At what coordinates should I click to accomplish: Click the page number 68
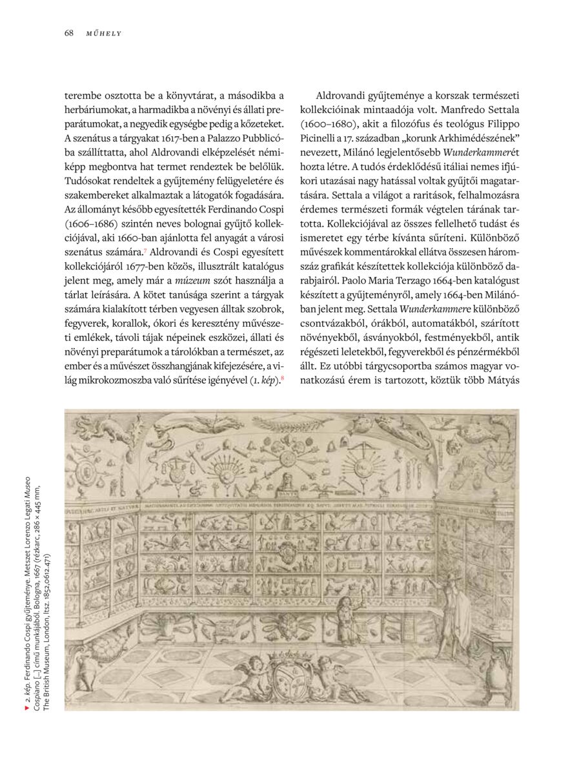68,33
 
